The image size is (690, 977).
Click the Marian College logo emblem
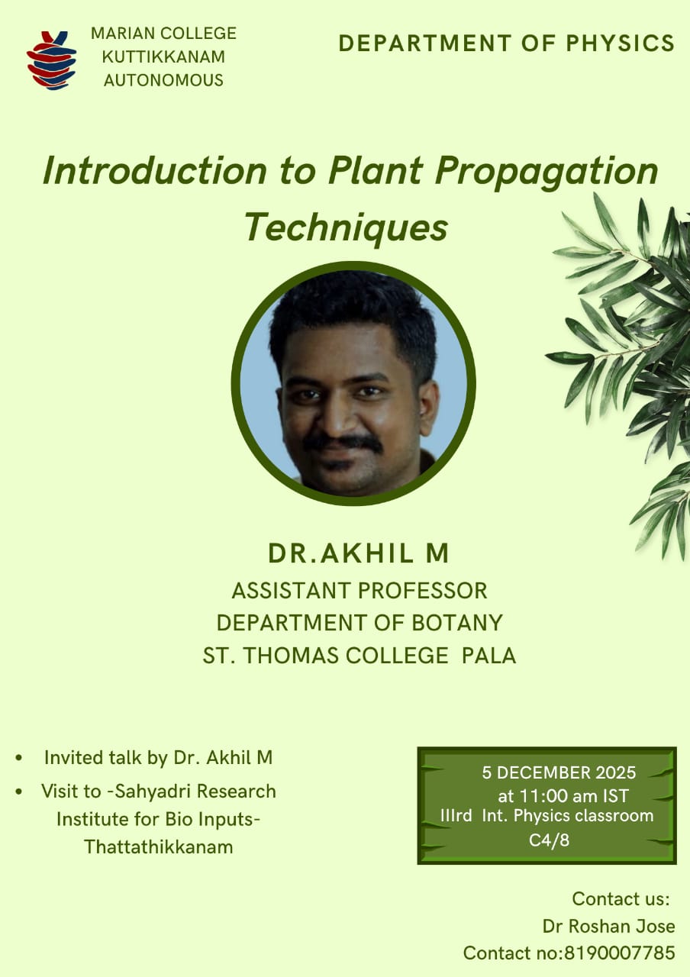pos(51,60)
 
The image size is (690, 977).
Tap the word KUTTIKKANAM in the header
pos(163,56)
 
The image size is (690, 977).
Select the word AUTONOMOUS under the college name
pos(163,80)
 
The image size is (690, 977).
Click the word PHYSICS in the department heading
pos(621,44)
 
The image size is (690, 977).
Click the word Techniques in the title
pos(346,228)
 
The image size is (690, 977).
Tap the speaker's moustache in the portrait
pos(343,442)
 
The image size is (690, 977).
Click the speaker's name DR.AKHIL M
pos(359,553)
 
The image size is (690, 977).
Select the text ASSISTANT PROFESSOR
pos(360,591)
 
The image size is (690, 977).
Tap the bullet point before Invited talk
pos(18,758)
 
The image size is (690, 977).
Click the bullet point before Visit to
pos(18,792)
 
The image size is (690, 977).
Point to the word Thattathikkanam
pos(159,847)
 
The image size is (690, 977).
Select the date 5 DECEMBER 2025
pos(559,773)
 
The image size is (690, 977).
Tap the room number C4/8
pos(549,840)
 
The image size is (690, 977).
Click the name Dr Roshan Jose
pos(608,927)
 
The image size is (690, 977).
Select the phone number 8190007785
pos(620,953)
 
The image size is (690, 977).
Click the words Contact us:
pos(621,899)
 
